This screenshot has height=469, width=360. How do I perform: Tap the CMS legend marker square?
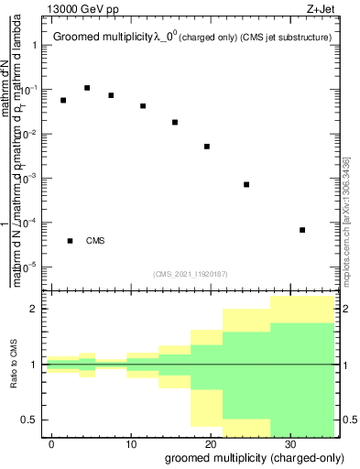71,241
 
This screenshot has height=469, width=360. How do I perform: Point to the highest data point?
87,88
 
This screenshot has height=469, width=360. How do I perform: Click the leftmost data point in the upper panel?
63,100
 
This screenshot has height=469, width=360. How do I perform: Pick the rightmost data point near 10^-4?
302,229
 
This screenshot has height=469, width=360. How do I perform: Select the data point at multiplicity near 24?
246,184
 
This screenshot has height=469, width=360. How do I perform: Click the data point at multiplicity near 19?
207,147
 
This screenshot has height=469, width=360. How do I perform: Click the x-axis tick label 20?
211,443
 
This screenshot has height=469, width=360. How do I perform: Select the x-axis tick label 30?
289,443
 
